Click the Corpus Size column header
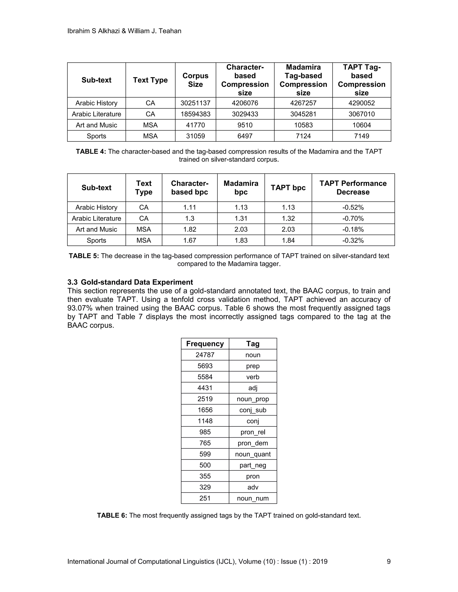pyautogui.click(x=195, y=80)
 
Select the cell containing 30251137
pyautogui.click(x=195, y=103)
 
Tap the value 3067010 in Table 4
pyautogui.click(x=361, y=114)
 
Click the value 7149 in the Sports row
pyautogui.click(x=361, y=136)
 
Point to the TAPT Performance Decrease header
pyautogui.click(x=353, y=188)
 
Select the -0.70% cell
pyautogui.click(x=353, y=218)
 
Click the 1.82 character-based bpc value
pyautogui.click(x=189, y=230)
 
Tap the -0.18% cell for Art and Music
pyautogui.click(x=353, y=230)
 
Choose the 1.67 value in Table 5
pyautogui.click(x=189, y=240)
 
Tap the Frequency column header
pyautogui.click(x=205, y=344)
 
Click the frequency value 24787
pyautogui.click(x=205, y=355)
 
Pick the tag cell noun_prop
pyautogui.click(x=253, y=399)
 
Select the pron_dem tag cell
pyautogui.click(x=253, y=443)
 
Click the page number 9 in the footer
pyautogui.click(x=388, y=561)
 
